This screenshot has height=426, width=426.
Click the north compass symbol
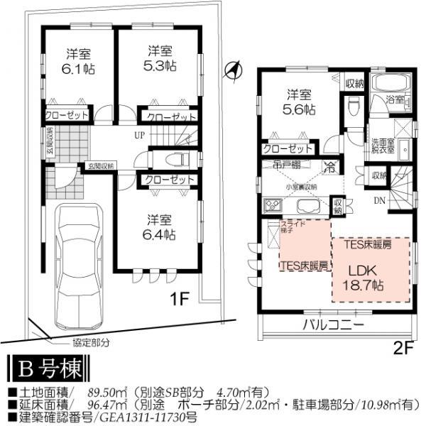tap(231, 69)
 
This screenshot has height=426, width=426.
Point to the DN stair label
tap(381, 201)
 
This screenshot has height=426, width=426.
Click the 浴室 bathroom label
tap(395, 100)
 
